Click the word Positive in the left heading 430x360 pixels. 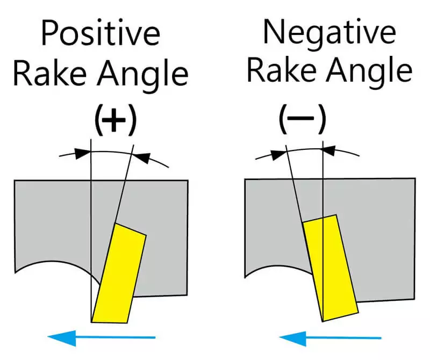pos(101,34)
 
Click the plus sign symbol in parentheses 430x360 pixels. pos(114,121)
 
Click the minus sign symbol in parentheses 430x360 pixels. pos(302,121)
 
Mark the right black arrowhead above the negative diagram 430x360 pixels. pos(330,151)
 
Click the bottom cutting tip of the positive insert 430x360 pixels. pos(92,321)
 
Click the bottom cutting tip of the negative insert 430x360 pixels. pos(324,321)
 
